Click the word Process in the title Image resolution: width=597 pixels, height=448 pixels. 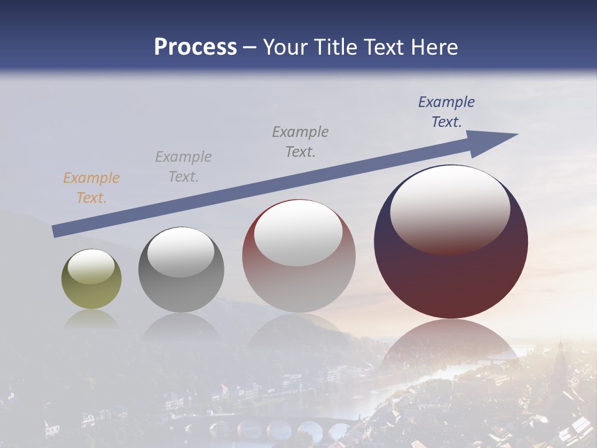click(195, 47)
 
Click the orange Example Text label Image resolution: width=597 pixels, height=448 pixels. click(91, 188)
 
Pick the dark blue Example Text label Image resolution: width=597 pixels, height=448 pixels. click(447, 112)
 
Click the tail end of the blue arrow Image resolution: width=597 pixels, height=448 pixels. click(56, 231)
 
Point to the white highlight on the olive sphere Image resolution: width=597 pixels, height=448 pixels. click(91, 266)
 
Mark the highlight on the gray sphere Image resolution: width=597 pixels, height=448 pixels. click(181, 252)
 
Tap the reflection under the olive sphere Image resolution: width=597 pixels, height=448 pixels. click(91, 319)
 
